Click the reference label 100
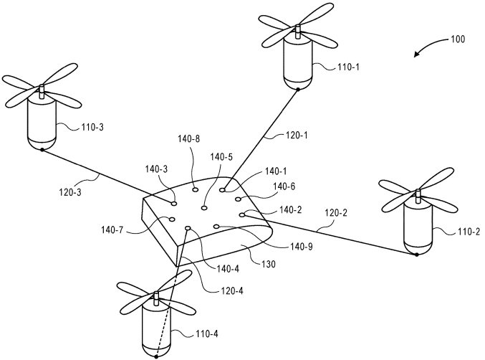[458, 39]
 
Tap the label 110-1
[348, 67]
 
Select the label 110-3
[92, 127]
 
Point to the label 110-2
[469, 232]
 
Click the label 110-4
[206, 334]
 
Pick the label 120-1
[296, 136]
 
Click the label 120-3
[70, 192]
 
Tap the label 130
[268, 265]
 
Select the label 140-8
[188, 138]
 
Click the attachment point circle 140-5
[204, 208]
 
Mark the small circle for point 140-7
[172, 219]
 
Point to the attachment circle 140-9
[216, 227]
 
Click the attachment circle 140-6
[238, 199]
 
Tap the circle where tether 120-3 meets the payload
[174, 204]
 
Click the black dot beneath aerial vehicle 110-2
[417, 255]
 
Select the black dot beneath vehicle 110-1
[298, 90]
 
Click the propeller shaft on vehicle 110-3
[41, 92]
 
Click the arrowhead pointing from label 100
[417, 55]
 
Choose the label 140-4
[228, 269]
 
